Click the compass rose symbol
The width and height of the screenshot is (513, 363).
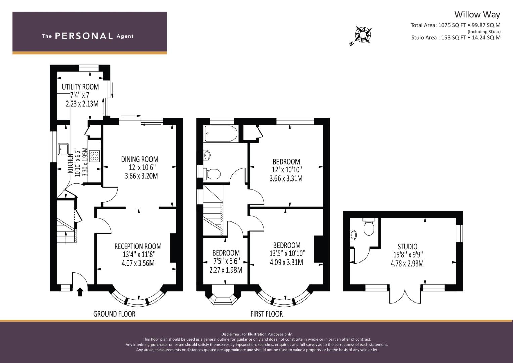363,35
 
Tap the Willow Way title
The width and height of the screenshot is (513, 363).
477,15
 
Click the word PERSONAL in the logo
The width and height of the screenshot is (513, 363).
84,36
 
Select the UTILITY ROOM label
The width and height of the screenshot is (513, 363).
80,87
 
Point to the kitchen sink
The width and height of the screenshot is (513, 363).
63,149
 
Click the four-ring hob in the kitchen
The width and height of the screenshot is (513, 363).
95,156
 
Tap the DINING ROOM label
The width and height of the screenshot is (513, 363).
139,159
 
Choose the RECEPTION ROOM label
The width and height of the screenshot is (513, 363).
138,246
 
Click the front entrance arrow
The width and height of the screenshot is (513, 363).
80,292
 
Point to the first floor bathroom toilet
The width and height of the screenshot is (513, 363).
213,174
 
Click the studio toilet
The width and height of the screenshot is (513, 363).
369,227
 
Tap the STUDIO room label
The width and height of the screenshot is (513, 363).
408,247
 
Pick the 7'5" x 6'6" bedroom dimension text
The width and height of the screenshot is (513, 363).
226,261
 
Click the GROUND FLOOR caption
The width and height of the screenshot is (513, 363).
114,314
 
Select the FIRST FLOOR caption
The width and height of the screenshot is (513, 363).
266,314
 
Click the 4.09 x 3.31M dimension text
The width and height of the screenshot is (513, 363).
287,262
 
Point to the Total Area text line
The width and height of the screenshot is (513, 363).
455,25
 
